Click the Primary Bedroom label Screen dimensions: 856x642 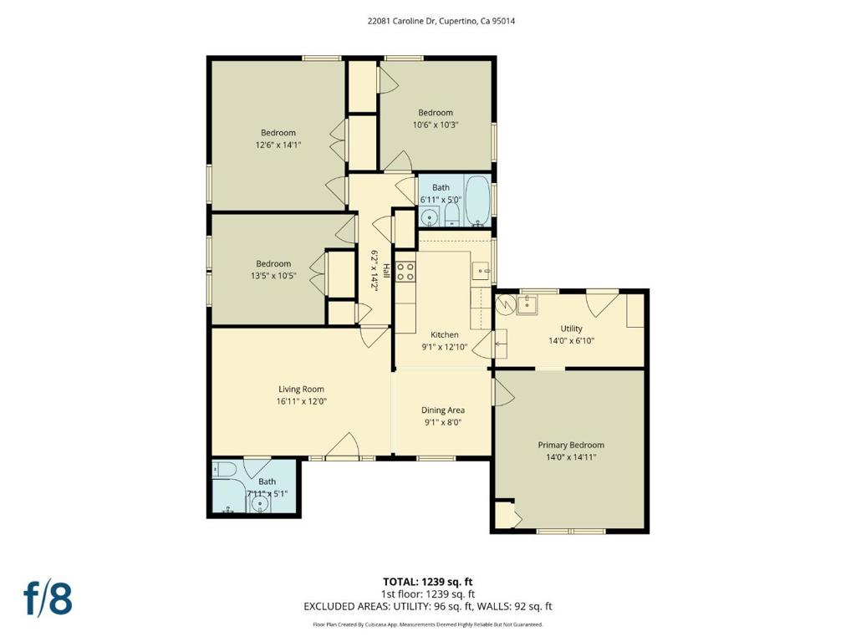coord(571,445)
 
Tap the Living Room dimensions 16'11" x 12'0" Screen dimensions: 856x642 coord(301,401)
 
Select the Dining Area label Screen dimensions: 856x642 coord(443,410)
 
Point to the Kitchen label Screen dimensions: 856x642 coord(445,334)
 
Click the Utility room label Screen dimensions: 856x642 coord(571,329)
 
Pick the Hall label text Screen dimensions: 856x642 coord(386,271)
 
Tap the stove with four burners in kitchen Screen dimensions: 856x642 coord(405,272)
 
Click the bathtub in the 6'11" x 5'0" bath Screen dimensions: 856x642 coord(478,201)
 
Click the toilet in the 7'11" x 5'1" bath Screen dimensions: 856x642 coord(223,469)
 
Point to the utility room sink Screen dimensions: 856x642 coord(528,305)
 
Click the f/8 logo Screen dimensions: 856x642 coord(48,599)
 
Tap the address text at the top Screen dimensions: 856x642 coord(441,21)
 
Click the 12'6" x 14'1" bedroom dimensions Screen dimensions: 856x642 coord(278,145)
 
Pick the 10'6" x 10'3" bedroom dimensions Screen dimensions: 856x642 coord(435,125)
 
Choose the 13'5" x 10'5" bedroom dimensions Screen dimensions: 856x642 coord(273,276)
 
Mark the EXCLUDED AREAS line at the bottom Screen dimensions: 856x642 coord(427,606)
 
